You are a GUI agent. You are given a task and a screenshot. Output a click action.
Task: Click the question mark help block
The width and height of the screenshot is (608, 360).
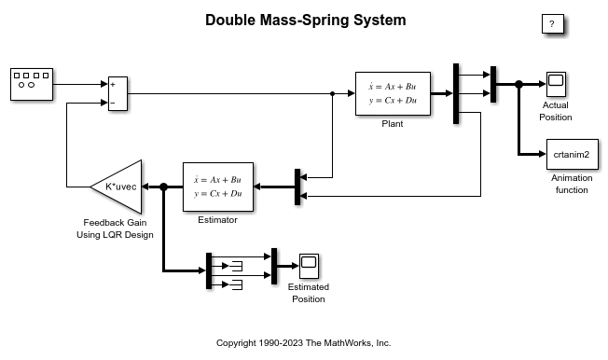[553, 24]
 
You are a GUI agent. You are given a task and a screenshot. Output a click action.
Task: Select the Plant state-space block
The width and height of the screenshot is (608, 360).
[393, 93]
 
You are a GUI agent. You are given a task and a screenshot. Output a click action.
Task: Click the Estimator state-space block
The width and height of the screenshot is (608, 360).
[218, 187]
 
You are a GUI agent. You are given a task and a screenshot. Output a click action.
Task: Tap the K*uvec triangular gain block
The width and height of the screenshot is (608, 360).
[116, 187]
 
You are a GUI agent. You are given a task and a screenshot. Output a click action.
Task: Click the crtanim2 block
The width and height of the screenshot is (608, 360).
[573, 155]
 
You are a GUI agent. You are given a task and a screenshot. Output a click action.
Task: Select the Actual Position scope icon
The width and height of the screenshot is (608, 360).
[556, 84]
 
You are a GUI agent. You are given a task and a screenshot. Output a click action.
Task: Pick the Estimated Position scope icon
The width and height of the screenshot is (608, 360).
[309, 266]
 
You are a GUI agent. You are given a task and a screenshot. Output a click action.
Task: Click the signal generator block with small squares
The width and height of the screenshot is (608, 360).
[32, 84]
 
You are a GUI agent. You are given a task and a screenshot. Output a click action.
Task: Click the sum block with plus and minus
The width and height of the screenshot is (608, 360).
[117, 93]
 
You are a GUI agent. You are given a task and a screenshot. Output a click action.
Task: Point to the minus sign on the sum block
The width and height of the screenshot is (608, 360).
[113, 103]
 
